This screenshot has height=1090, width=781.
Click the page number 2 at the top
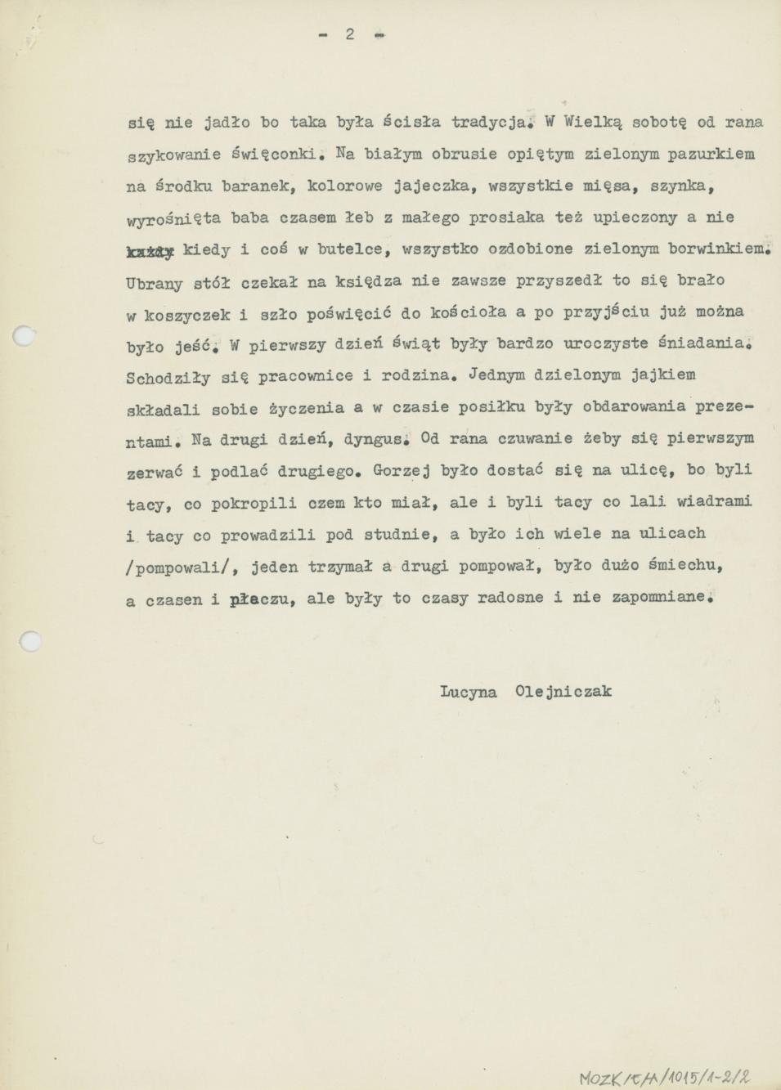click(350, 34)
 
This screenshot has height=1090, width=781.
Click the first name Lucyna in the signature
click(468, 692)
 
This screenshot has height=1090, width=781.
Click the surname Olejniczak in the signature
click(563, 692)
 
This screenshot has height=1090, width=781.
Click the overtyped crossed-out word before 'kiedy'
click(150, 252)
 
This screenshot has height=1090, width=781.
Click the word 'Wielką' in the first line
click(595, 122)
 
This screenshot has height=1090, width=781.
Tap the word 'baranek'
click(260, 186)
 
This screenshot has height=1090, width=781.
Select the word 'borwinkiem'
click(718, 249)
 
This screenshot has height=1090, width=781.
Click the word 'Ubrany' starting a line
click(154, 283)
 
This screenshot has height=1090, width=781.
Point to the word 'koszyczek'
click(188, 315)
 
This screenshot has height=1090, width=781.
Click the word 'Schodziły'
click(168, 378)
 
